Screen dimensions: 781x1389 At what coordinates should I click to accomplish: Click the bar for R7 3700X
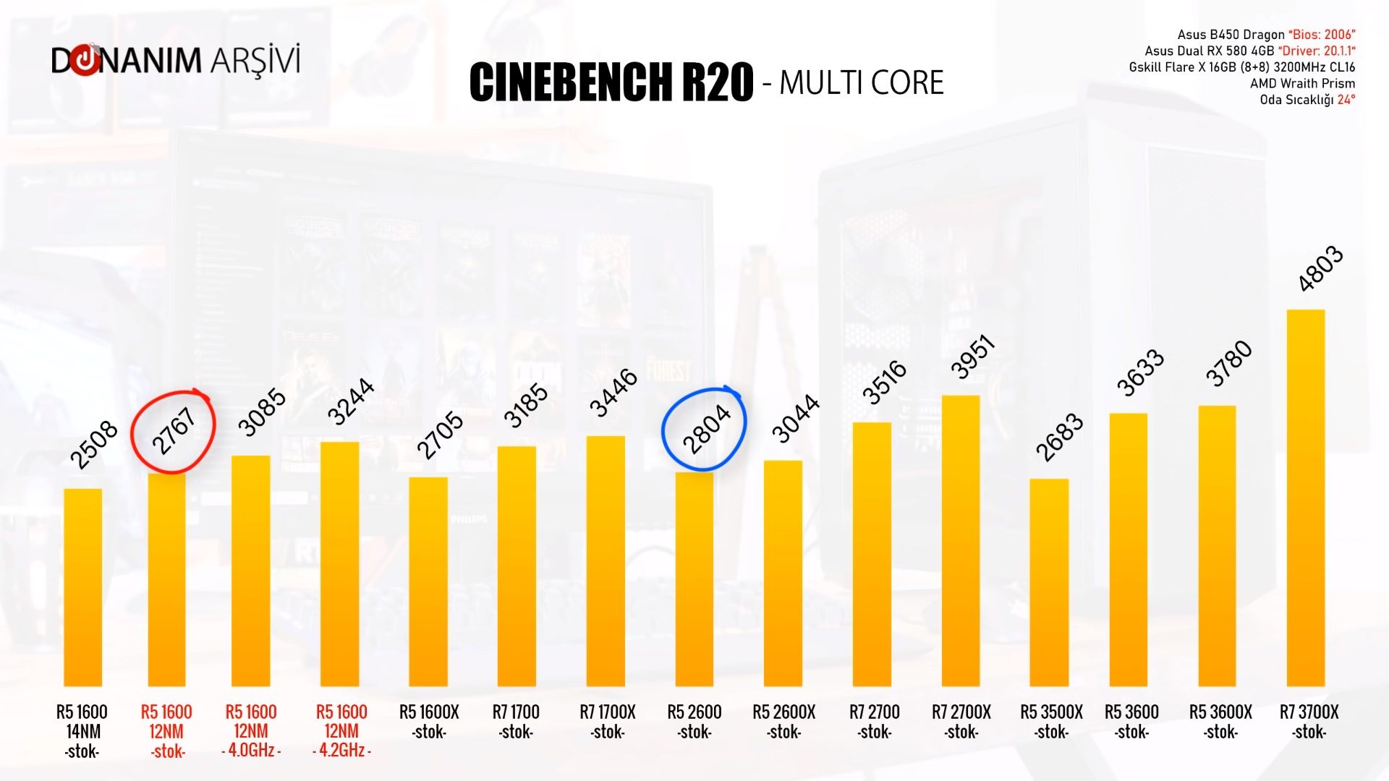(x=1306, y=499)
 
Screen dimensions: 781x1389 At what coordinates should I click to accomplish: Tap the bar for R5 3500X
(x=1049, y=582)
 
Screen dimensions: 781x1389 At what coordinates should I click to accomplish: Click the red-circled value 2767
(x=174, y=432)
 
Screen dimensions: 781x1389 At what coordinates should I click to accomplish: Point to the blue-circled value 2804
(x=705, y=429)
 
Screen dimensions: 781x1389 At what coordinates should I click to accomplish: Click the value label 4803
(x=1320, y=269)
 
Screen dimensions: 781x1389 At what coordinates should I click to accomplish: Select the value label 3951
(x=973, y=357)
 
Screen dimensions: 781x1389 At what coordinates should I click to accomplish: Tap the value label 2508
(x=93, y=444)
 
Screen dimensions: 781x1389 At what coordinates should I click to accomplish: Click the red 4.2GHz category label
(x=341, y=751)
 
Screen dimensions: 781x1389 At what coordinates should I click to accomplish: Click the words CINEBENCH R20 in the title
(x=611, y=82)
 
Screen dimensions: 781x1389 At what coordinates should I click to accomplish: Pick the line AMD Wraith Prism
(x=1302, y=83)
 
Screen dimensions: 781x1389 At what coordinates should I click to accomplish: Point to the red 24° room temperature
(x=1346, y=100)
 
